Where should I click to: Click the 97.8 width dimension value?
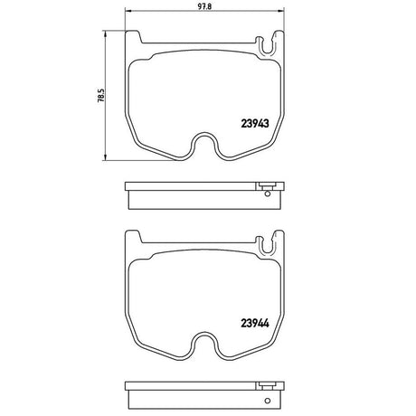(205, 6)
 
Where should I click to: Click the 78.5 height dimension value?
(101, 95)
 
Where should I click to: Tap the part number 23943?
(255, 123)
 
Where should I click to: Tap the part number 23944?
(255, 323)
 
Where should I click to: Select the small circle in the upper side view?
(267, 194)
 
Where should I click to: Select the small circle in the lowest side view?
(267, 401)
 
